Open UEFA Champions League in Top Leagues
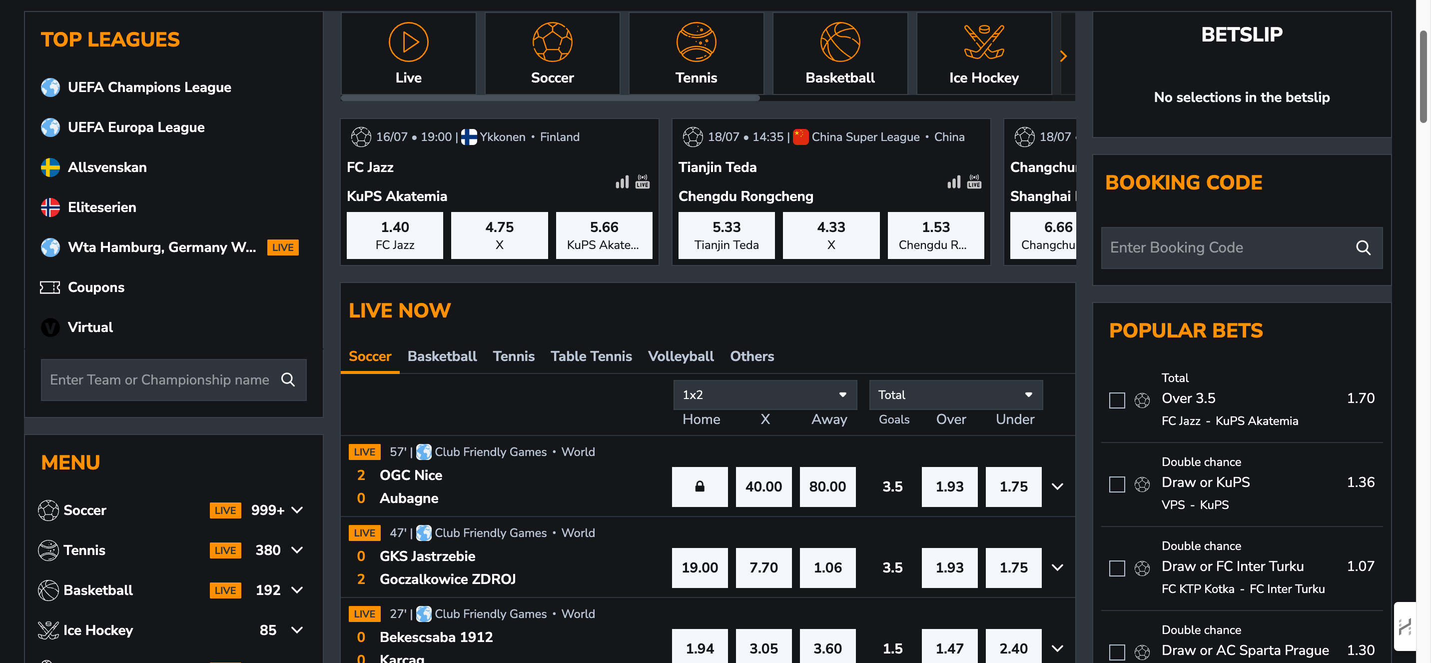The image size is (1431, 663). click(x=149, y=87)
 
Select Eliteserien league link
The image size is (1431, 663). click(x=101, y=207)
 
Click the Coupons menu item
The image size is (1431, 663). click(x=95, y=287)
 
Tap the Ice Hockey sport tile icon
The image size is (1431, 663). click(x=984, y=41)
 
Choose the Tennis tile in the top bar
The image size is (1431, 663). click(x=696, y=53)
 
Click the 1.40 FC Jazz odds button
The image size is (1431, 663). click(x=395, y=235)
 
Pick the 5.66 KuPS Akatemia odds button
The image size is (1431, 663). click(x=604, y=235)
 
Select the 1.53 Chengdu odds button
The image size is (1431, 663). click(x=935, y=235)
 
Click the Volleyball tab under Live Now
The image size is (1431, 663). click(x=681, y=356)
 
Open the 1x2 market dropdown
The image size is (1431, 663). click(x=765, y=394)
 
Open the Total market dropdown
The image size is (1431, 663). click(x=955, y=394)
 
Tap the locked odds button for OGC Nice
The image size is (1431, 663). click(x=700, y=487)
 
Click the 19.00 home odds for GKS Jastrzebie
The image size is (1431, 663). click(x=700, y=567)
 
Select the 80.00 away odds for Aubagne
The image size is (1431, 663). click(x=827, y=487)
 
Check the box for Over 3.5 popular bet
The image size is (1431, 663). click(x=1117, y=400)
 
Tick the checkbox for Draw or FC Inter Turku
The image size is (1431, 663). click(x=1117, y=568)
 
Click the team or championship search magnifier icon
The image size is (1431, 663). click(x=288, y=379)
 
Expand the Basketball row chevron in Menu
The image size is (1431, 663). click(x=297, y=589)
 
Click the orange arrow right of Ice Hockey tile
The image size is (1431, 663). click(x=1063, y=56)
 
